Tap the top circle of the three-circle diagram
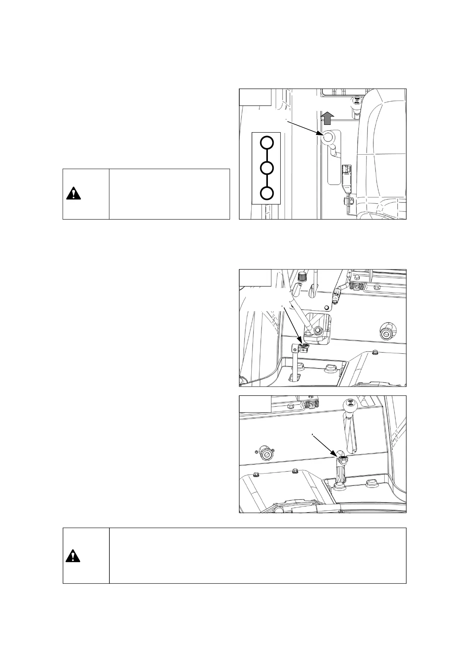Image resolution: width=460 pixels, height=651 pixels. pos(266,143)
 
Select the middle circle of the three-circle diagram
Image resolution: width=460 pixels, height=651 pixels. pos(266,168)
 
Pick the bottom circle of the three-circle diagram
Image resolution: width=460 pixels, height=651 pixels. pos(266,193)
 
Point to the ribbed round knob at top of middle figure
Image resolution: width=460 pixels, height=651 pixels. pos(302,276)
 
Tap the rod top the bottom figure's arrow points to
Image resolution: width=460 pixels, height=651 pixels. pos(341,460)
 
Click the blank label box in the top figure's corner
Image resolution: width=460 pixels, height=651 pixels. pos(255,97)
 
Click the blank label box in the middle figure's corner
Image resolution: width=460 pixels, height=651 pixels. pos(255,278)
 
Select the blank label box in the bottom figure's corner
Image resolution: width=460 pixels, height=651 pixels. pos(255,404)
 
